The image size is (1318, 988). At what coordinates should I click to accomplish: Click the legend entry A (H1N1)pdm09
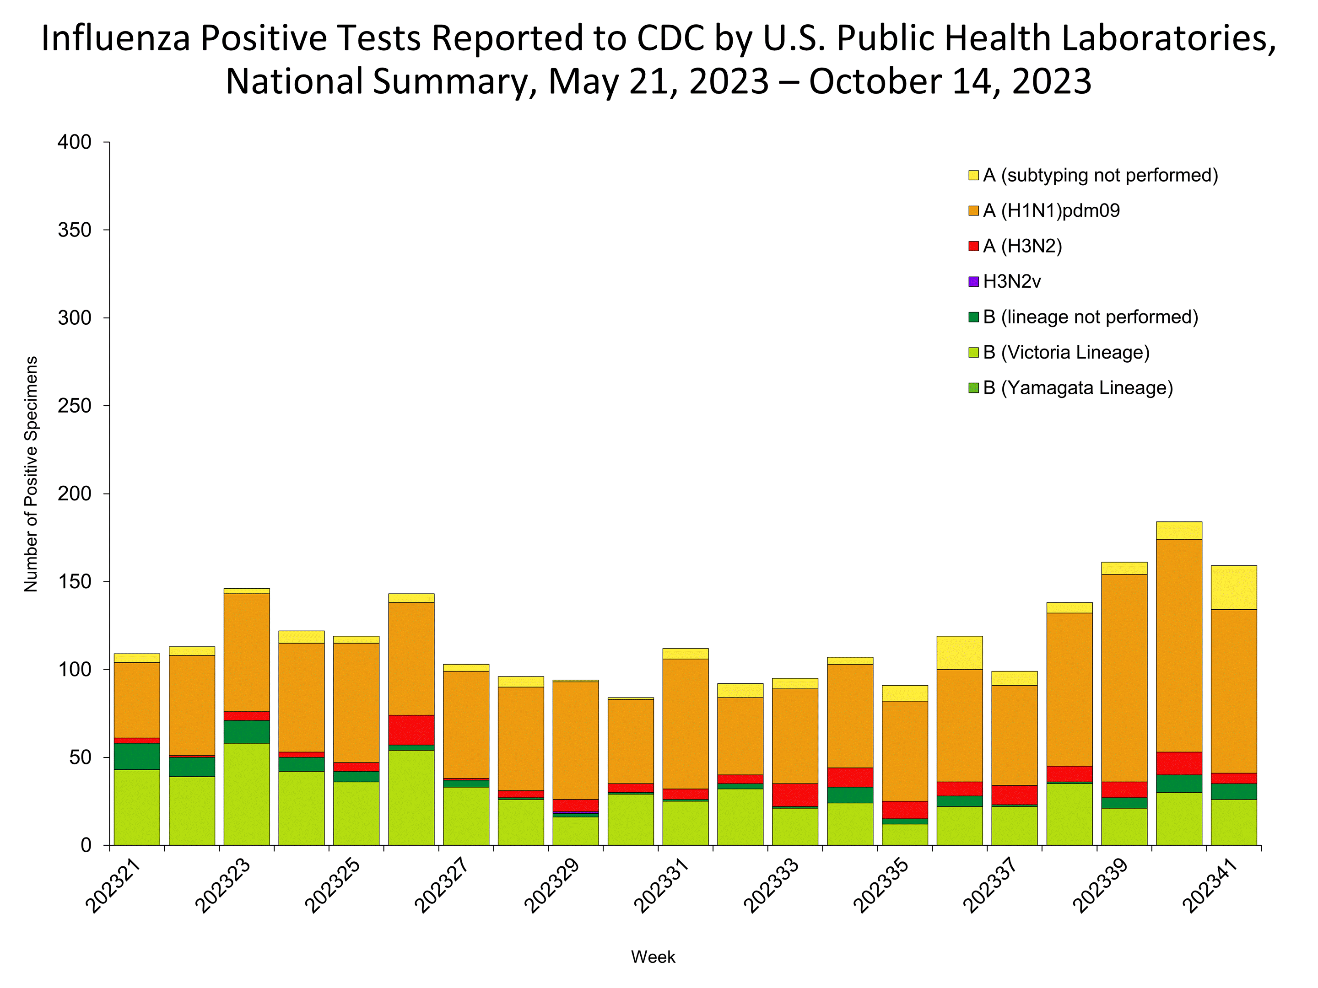(x=1051, y=211)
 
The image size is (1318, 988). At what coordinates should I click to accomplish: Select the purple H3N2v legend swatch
(x=973, y=282)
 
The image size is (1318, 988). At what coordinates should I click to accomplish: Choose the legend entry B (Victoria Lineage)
(x=1066, y=353)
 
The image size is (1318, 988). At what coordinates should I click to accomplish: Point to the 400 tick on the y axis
(x=75, y=142)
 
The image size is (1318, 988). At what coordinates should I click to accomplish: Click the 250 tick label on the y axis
(x=75, y=406)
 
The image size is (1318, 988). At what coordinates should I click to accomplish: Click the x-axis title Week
(x=653, y=957)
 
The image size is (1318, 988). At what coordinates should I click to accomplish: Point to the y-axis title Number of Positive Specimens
(x=31, y=474)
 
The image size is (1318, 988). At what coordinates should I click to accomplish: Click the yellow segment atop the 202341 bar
(x=1233, y=587)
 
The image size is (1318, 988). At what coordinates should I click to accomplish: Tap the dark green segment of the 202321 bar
(x=136, y=757)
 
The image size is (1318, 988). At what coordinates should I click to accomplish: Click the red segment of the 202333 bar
(x=795, y=795)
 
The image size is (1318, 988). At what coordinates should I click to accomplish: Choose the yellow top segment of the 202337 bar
(x=1014, y=678)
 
